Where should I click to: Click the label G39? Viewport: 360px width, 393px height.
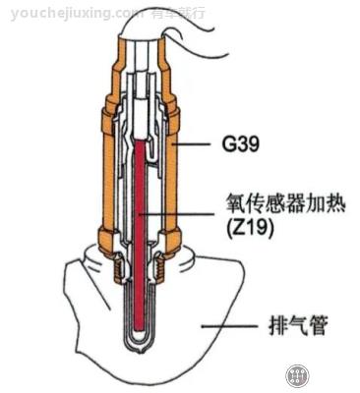(240, 144)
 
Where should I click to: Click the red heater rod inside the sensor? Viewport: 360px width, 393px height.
(144, 226)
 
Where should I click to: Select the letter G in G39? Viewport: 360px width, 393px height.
(225, 144)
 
